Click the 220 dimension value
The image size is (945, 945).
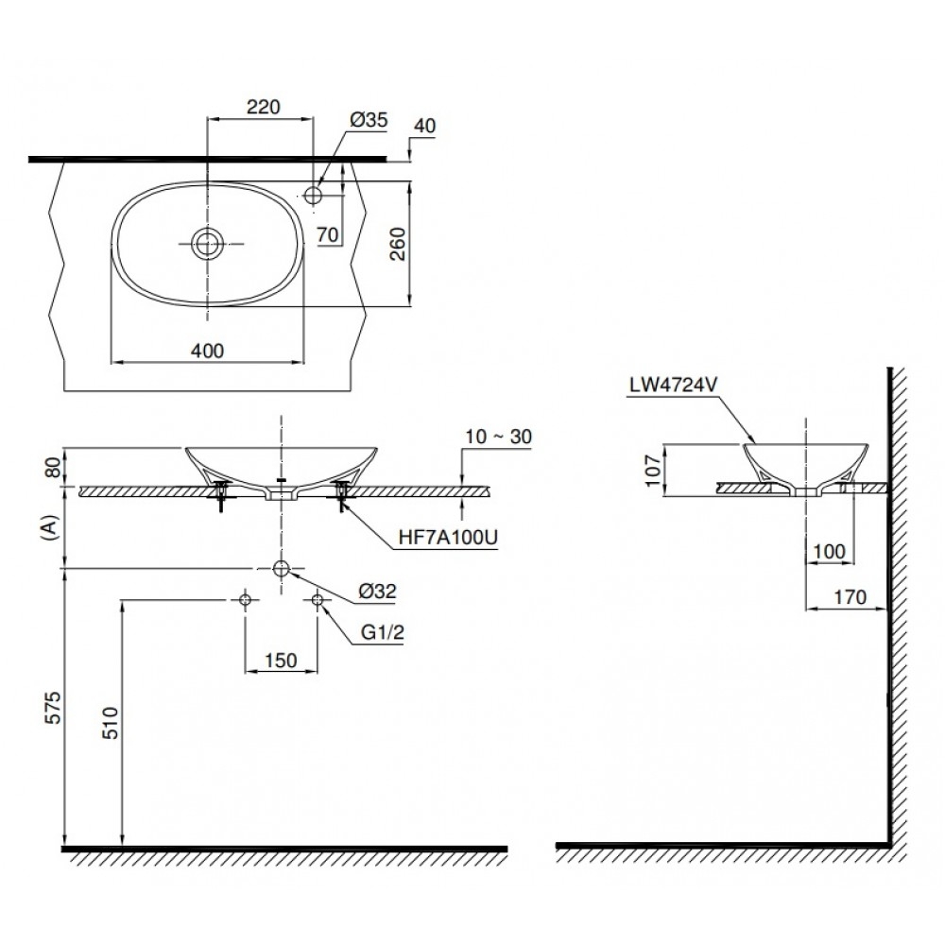(262, 107)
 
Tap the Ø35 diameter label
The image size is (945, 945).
(369, 120)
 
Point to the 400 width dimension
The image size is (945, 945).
(207, 351)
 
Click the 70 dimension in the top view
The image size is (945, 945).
(329, 232)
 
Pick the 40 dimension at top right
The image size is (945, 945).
(425, 126)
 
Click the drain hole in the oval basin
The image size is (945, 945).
(207, 244)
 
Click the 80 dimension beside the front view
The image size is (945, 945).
(54, 466)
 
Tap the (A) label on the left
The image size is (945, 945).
(54, 526)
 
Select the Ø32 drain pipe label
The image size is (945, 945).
(377, 593)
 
